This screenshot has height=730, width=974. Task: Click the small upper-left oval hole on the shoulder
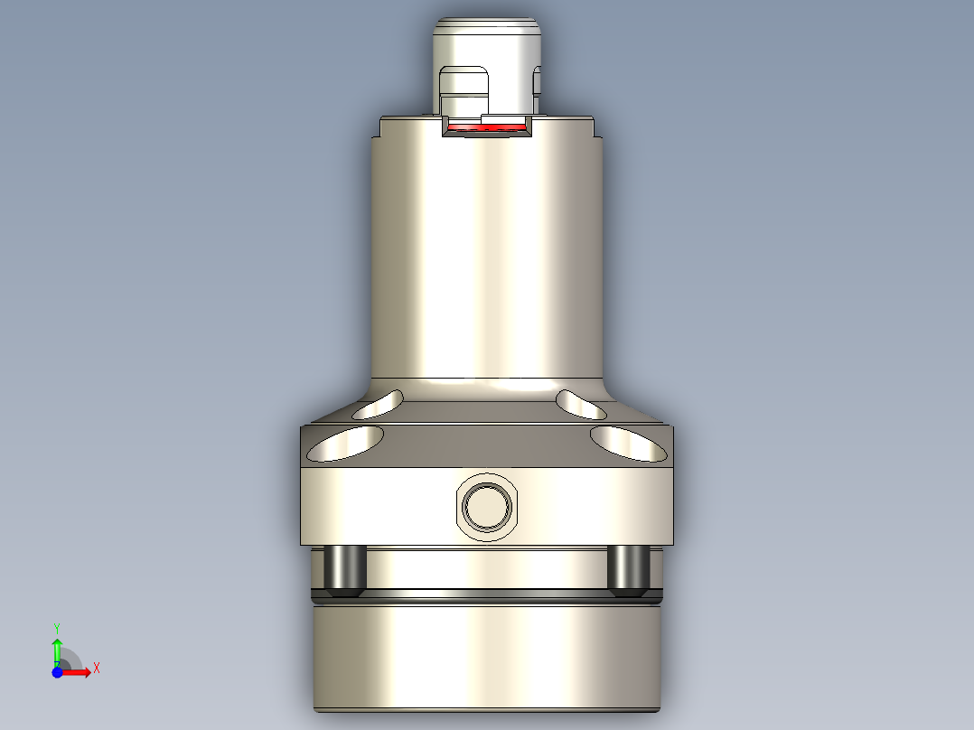coord(379,405)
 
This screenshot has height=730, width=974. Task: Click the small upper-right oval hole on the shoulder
coord(581,405)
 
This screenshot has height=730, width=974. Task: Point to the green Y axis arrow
coord(57,649)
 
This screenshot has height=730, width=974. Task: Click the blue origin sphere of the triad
coord(57,672)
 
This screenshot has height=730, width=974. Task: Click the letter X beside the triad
coord(97,669)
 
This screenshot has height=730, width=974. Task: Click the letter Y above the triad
coord(57,627)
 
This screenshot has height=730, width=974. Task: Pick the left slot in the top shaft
coord(461,90)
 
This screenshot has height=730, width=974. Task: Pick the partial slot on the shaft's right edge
coord(538,81)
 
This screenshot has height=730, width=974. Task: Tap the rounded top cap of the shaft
coord(487,36)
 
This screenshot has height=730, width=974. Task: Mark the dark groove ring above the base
coord(487,596)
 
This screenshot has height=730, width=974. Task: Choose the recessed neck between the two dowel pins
coord(487,567)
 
